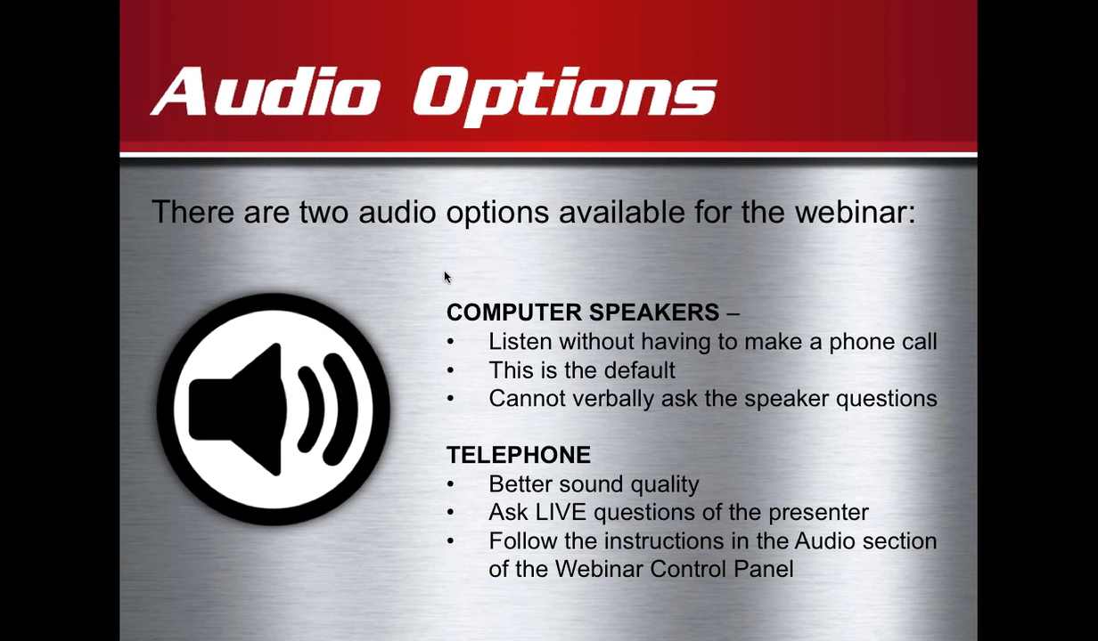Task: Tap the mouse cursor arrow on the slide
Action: click(x=447, y=278)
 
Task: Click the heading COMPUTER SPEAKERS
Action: click(x=583, y=312)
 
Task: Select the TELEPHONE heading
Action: click(x=519, y=455)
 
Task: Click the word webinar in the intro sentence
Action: click(x=855, y=212)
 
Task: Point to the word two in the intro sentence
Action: click(x=324, y=213)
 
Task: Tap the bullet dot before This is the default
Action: click(x=451, y=370)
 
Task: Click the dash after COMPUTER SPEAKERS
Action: click(x=733, y=313)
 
